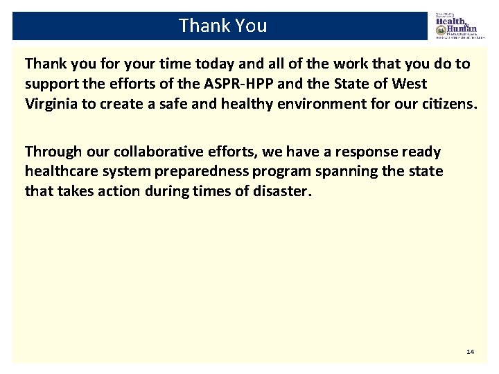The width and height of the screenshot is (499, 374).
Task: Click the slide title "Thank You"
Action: [222, 26]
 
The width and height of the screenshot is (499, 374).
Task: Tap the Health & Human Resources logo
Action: [456, 26]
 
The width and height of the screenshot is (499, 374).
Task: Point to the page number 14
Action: [470, 352]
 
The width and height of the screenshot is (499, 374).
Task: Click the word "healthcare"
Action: [60, 171]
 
